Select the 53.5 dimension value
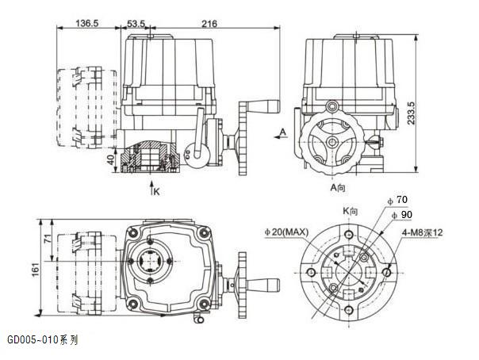136,24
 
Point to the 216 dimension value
209,24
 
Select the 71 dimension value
48,239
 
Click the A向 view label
339,187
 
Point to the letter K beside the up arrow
157,191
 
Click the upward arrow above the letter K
150,187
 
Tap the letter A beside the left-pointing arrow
282,130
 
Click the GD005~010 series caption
43,339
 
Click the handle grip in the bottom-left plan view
267,284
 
